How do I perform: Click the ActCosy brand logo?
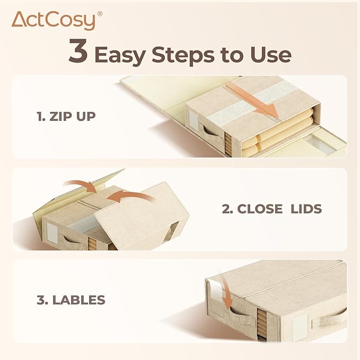coord(57,21)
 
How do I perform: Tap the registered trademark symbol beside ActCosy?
coord(100,14)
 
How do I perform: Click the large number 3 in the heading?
coord(78,50)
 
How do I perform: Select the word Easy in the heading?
coord(120,55)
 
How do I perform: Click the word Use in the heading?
coord(271,55)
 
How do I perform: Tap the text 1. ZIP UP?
coord(66,117)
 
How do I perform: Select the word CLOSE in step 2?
coord(260,209)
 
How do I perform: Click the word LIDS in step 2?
coord(306,209)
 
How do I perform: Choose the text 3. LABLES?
coord(71,300)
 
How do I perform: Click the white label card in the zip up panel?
coord(193,119)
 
